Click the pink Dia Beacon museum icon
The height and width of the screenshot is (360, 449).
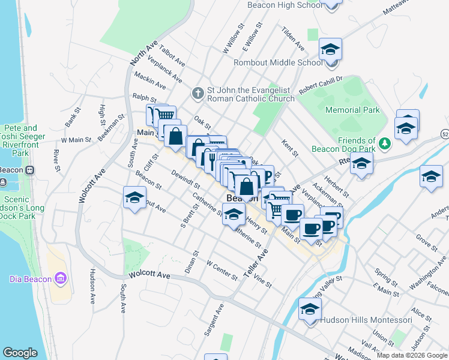[59, 278]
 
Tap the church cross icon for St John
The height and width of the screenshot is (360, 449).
[197, 93]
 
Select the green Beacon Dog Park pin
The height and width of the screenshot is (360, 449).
[385, 144]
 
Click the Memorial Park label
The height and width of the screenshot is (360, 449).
[352, 110]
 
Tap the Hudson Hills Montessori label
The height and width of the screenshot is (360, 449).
[366, 320]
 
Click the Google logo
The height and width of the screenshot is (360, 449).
[20, 353]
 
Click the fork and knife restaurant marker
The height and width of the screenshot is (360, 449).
[211, 159]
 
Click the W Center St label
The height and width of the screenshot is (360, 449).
[221, 269]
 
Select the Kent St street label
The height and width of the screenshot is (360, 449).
[290, 148]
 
